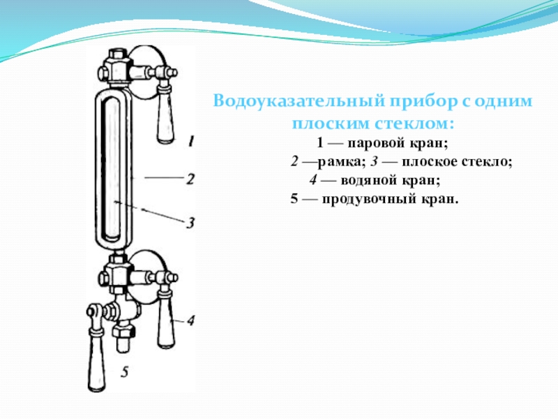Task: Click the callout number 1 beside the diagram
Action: [190, 141]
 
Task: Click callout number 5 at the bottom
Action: [124, 372]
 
